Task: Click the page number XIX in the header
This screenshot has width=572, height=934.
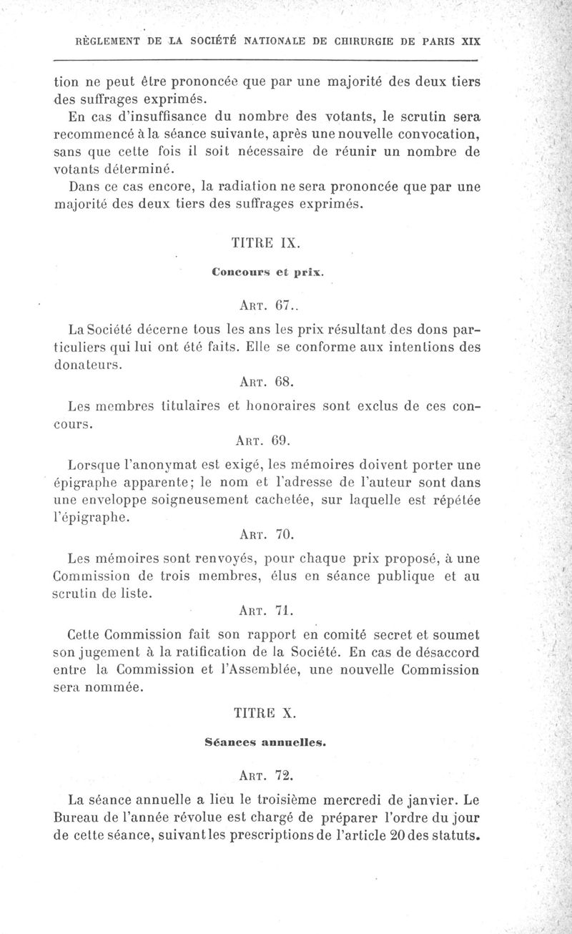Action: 470,41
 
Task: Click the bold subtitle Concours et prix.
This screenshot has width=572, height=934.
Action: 267,272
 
